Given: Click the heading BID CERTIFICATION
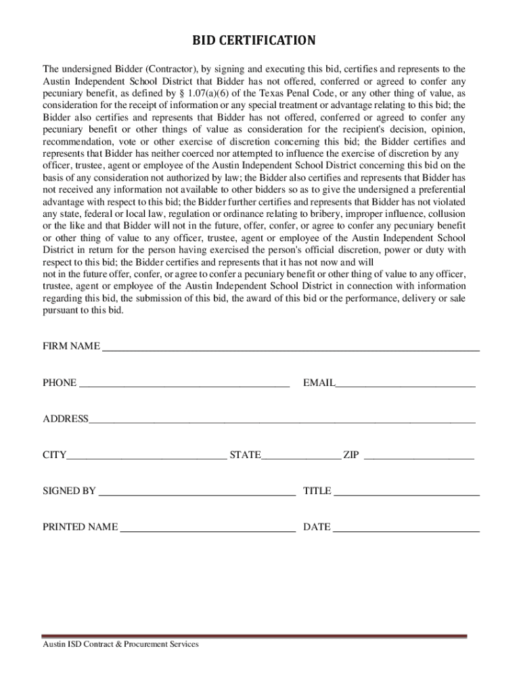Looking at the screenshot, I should (x=254, y=41).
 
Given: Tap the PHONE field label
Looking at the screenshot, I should (x=60, y=383).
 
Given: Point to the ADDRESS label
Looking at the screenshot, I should (x=66, y=419).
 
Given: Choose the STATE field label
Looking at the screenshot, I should (x=245, y=455).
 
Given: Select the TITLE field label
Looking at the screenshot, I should (x=317, y=491).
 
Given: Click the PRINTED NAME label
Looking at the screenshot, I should (x=81, y=527).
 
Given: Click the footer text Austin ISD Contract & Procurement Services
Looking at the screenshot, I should (x=120, y=645).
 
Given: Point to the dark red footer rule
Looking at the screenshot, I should (x=254, y=636).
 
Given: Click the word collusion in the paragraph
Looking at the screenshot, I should (x=443, y=214).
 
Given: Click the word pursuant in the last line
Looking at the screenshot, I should (x=61, y=310).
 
